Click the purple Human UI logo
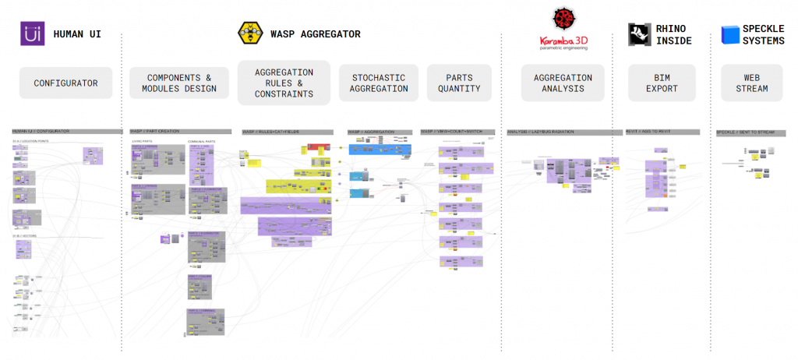(31, 34)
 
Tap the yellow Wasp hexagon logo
(249, 34)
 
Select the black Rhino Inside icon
(640, 34)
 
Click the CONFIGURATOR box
(65, 83)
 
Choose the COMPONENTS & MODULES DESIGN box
(179, 83)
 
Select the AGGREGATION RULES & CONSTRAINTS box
(284, 83)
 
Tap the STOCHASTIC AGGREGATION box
(380, 83)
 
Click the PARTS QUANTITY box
(459, 83)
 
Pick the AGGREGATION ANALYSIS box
(563, 83)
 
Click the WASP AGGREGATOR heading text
(315, 34)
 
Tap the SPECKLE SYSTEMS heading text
(763, 35)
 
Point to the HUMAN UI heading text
(77, 34)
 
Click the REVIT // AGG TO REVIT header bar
(662, 132)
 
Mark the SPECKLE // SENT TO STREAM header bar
(751, 132)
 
